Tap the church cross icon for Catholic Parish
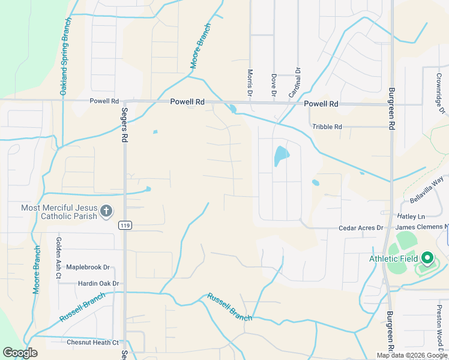click(x=106, y=211)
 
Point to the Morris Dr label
click(x=250, y=83)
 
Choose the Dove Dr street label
click(x=273, y=85)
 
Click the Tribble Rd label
click(x=327, y=127)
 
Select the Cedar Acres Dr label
click(x=361, y=227)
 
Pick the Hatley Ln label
click(x=411, y=216)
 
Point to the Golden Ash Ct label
click(x=59, y=258)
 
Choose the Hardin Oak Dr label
click(x=98, y=283)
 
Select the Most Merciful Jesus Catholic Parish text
click(x=59, y=212)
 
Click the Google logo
click(x=20, y=353)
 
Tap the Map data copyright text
click(x=412, y=355)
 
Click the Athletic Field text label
click(x=394, y=259)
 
